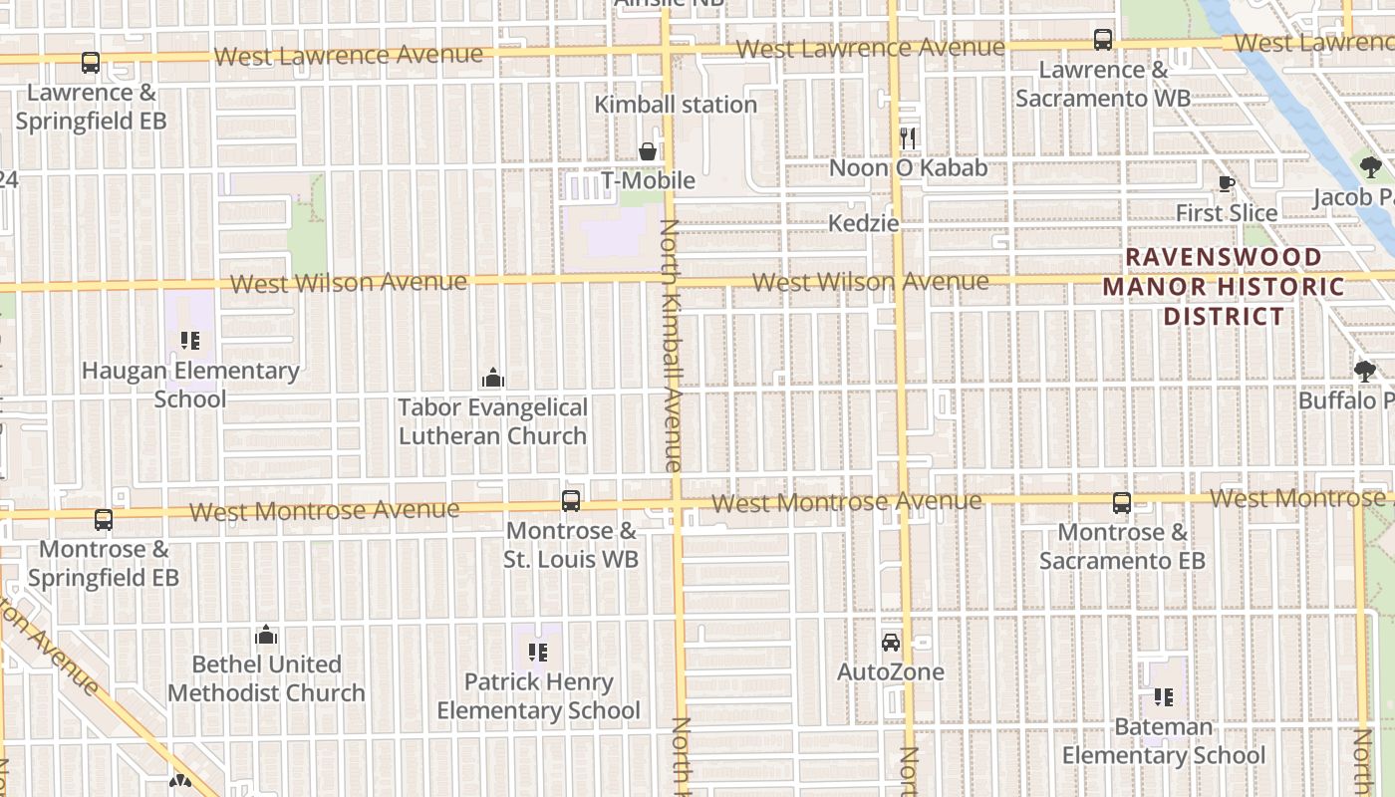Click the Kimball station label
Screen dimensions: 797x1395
676,105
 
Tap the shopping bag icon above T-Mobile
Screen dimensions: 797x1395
648,151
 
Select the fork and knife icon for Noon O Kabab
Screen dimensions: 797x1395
907,137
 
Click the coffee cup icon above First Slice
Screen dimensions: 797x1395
1227,183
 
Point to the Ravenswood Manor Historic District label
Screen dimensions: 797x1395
1225,287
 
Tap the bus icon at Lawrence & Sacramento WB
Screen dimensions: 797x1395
1103,40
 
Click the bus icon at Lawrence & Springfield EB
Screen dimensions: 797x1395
91,63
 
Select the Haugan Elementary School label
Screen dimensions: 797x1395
190,385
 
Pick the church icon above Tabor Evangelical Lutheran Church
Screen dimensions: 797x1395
492,378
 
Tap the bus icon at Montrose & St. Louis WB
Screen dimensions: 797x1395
571,501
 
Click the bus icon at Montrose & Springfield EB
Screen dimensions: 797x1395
104,520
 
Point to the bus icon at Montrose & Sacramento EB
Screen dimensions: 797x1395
1122,503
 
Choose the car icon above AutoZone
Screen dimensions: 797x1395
891,643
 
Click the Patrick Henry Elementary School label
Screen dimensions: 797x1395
538,696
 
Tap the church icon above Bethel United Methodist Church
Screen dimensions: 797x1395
266,635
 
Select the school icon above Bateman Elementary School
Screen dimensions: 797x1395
1164,697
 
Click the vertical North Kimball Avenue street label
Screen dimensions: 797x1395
671,345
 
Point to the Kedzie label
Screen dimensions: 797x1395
864,223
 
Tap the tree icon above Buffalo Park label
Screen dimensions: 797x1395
1365,372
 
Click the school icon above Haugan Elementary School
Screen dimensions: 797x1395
190,341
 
